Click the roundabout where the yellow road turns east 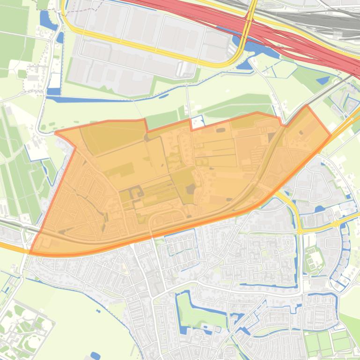[x=300, y=230]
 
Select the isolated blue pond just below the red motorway [x=323, y=80]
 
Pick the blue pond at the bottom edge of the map [x=95, y=356]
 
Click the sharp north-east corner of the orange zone [x=307, y=106]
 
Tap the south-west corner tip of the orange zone [x=31, y=253]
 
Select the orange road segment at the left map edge [x=9, y=246]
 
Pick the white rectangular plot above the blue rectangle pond [x=55, y=80]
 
